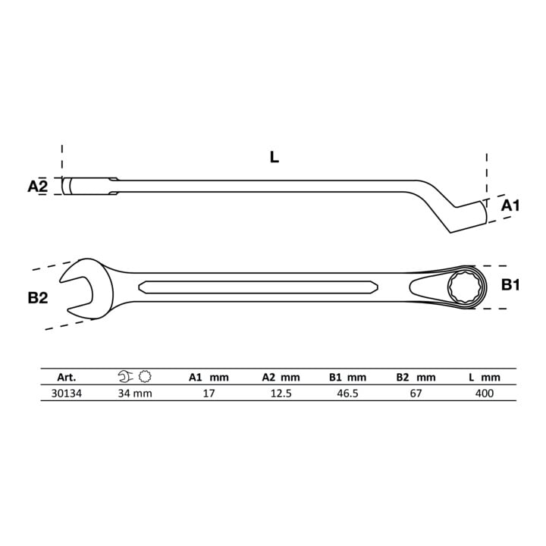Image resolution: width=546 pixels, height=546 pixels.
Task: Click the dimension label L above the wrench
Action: point(275,158)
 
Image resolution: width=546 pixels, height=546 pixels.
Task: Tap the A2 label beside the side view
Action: point(38,187)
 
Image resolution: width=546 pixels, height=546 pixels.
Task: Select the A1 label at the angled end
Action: point(510,206)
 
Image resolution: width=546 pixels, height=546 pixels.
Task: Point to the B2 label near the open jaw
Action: point(38,298)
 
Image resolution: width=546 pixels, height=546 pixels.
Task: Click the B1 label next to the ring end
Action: point(510,285)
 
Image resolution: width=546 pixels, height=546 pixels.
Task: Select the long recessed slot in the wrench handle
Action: point(258,287)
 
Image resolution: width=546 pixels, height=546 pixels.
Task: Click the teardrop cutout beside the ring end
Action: point(426,287)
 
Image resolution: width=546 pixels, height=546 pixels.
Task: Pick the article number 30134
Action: point(67,394)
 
